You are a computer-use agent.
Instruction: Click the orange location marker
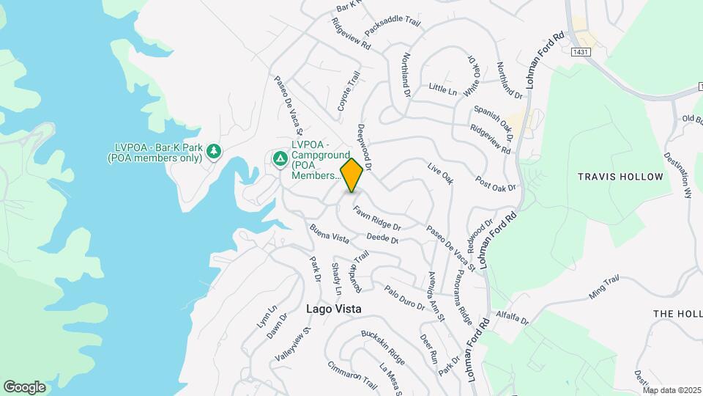tap(352, 175)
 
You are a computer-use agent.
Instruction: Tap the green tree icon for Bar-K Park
tap(214, 151)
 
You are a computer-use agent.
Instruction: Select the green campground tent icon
tap(280, 158)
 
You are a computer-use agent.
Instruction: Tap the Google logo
tap(24, 386)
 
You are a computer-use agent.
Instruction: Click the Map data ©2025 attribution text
tap(672, 390)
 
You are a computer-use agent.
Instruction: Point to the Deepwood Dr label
tap(365, 147)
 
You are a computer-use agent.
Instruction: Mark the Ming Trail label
tap(604, 287)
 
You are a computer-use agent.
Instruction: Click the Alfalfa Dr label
tap(512, 317)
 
